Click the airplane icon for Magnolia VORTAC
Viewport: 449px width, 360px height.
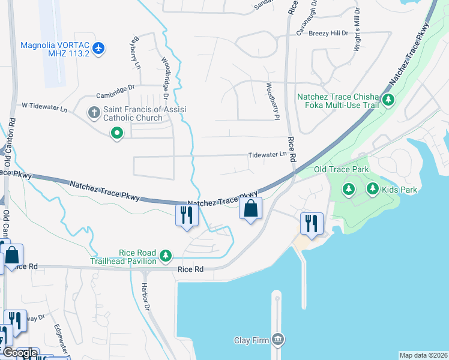pyautogui.click(x=99, y=47)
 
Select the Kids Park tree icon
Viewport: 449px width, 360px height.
pyautogui.click(x=372, y=190)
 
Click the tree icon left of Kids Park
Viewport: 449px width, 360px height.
pyautogui.click(x=348, y=190)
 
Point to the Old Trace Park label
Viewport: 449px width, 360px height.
pyautogui.click(x=342, y=170)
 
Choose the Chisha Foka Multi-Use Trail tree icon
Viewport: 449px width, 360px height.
pyautogui.click(x=388, y=100)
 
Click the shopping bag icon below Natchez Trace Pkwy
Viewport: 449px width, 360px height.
pyautogui.click(x=250, y=209)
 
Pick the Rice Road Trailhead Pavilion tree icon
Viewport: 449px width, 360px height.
pyautogui.click(x=166, y=256)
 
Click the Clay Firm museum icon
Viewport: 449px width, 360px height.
pyautogui.click(x=277, y=340)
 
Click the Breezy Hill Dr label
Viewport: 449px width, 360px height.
pyautogui.click(x=328, y=34)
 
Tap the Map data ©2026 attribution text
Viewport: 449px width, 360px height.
pyautogui.click(x=423, y=355)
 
